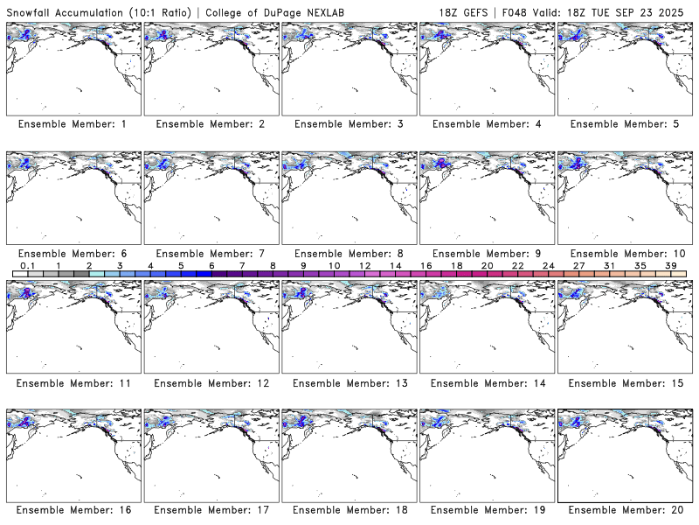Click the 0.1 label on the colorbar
27,265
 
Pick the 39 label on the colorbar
671,265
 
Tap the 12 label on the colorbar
364,265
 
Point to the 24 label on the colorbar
549,265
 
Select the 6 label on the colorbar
211,265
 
